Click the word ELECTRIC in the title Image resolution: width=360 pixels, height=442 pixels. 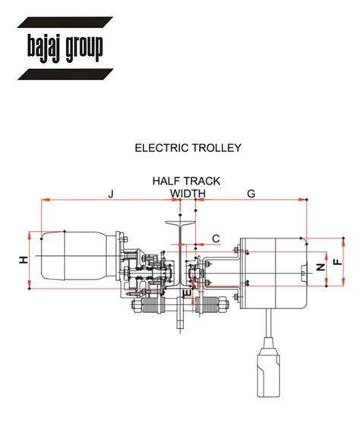[x=160, y=148]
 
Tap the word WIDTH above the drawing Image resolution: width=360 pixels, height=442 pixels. [x=188, y=194]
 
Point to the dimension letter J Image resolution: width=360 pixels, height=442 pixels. [x=110, y=194]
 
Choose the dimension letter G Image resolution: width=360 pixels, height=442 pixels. [x=251, y=194]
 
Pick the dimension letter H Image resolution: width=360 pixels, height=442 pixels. [x=24, y=260]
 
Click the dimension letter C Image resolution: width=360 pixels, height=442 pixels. [x=216, y=238]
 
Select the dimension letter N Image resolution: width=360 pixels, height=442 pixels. [x=320, y=267]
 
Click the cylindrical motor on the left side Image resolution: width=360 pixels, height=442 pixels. [x=72, y=260]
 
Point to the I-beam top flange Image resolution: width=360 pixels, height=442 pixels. [x=179, y=223]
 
